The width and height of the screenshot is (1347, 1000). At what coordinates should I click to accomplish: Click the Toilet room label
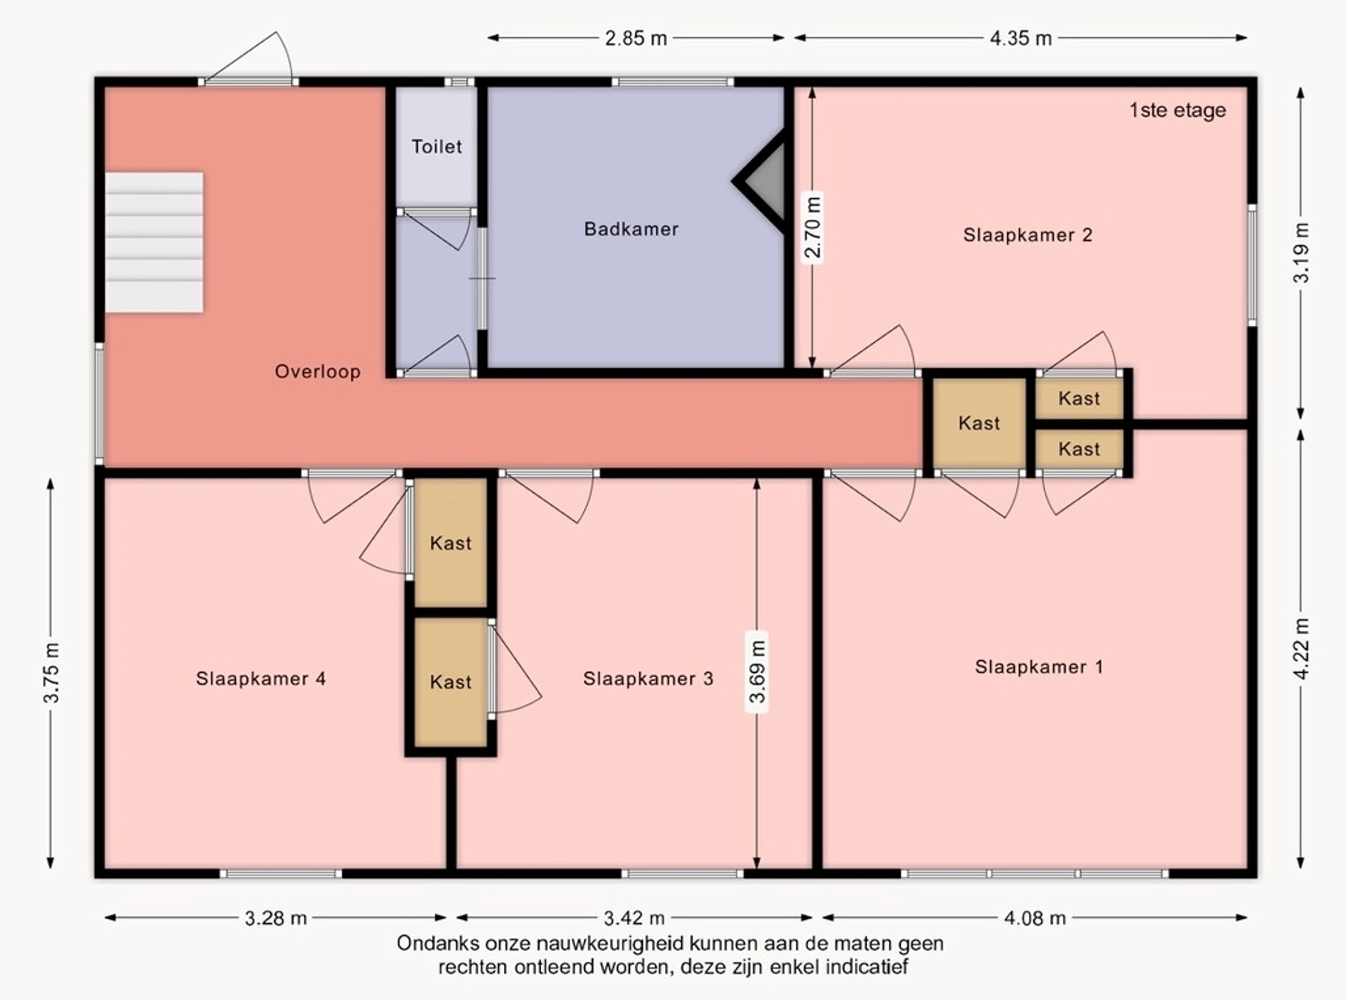[437, 147]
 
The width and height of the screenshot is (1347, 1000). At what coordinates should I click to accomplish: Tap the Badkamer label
[631, 229]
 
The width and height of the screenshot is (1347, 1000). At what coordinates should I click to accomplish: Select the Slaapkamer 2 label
[1028, 235]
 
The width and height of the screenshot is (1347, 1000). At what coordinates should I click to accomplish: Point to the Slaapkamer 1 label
[1039, 667]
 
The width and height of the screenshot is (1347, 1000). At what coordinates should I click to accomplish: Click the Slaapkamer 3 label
[648, 678]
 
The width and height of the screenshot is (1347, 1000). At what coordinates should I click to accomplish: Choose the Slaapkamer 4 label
[261, 678]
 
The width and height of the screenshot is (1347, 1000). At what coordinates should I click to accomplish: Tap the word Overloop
[317, 372]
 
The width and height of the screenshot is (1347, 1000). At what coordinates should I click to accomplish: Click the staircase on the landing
[153, 243]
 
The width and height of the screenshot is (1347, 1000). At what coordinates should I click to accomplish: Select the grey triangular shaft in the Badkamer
[764, 181]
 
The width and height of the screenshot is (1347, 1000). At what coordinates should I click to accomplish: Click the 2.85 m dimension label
[636, 39]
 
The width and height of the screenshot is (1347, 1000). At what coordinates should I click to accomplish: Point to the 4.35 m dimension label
[1021, 39]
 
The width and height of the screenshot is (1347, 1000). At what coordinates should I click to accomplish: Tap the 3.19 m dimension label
[1301, 252]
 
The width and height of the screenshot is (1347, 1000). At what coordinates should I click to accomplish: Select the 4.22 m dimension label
[1301, 649]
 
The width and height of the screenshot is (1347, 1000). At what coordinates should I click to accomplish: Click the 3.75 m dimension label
[51, 673]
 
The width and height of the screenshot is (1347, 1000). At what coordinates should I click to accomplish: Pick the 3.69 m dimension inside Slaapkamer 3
[757, 671]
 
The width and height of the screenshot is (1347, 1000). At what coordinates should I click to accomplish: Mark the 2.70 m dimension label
[813, 228]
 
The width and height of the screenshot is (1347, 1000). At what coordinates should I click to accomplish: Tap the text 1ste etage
[1177, 110]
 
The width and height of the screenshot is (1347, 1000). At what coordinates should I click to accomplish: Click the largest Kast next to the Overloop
[979, 423]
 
